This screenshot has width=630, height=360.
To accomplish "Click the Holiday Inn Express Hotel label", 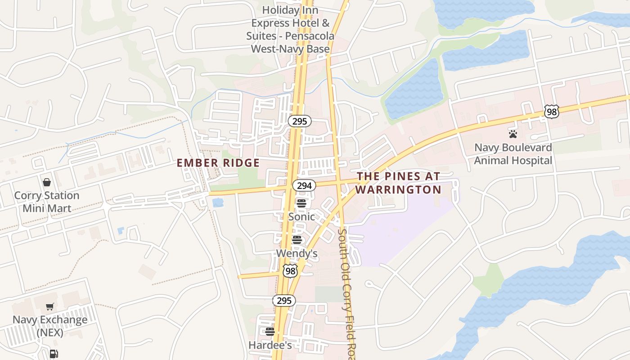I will (290, 29).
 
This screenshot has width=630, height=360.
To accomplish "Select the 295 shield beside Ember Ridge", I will (300, 121).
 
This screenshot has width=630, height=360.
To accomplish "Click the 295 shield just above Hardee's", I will (284, 301).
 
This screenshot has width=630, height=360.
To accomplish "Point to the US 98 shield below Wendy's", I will (290, 271).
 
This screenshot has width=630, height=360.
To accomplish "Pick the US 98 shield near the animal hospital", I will (551, 112).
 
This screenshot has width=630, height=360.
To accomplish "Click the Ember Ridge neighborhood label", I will (218, 163).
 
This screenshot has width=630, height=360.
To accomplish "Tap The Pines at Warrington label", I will (398, 183).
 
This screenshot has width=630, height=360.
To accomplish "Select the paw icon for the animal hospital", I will (513, 134).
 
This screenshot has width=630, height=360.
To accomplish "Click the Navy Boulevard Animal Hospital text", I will (513, 154).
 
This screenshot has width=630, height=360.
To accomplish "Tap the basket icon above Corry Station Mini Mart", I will (47, 182).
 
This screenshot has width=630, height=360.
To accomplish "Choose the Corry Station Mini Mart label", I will (47, 202).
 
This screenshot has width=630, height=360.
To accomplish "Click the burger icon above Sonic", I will (301, 203).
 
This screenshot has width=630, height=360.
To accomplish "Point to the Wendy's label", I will (297, 253).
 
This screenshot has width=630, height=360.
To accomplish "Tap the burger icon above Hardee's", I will (270, 332).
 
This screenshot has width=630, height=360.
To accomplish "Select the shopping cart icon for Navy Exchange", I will (50, 307).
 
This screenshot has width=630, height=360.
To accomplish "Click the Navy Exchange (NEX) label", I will (50, 326).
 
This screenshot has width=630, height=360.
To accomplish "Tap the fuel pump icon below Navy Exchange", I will (54, 354).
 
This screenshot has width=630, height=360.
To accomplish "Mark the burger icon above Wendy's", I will (297, 239).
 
